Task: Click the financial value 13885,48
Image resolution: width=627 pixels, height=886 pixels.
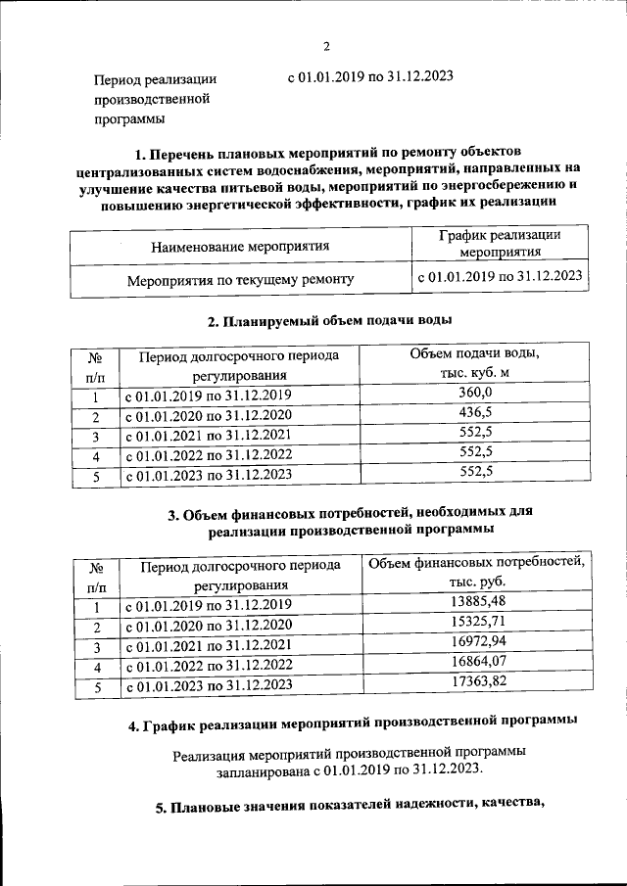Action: pyautogui.click(x=476, y=600)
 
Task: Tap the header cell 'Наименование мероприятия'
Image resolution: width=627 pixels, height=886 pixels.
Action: pyautogui.click(x=240, y=247)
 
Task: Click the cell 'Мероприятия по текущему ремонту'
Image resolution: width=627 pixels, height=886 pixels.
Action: pyautogui.click(x=240, y=280)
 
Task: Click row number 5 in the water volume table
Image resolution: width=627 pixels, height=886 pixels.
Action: pyautogui.click(x=95, y=477)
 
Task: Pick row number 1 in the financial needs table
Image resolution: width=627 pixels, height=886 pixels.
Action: pyautogui.click(x=96, y=605)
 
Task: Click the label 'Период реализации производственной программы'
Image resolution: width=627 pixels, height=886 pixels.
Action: pyautogui.click(x=155, y=99)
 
